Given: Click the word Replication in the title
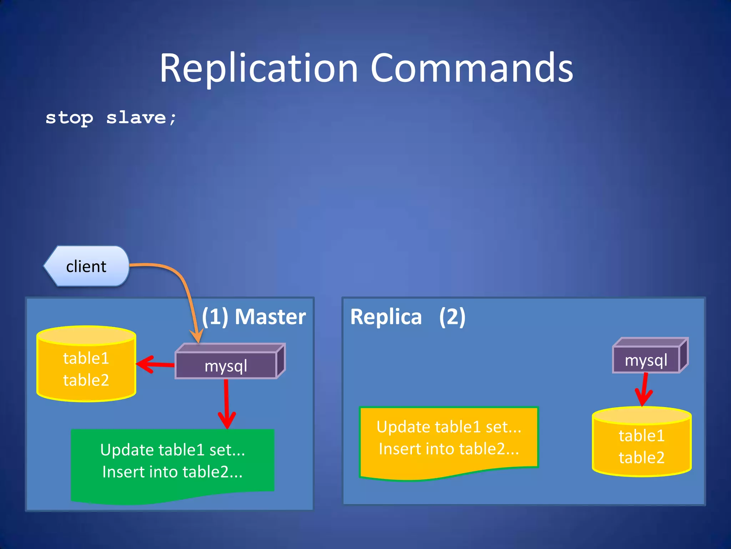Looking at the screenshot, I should point(258,68).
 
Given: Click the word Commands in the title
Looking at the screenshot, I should point(472,68).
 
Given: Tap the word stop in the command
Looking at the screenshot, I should point(69,118).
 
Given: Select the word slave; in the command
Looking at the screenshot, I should point(141,117).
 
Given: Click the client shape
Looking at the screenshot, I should point(86,266).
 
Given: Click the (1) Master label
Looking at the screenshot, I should point(254,317).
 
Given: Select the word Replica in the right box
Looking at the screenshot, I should point(386,317).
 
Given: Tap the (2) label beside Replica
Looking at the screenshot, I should point(452,317).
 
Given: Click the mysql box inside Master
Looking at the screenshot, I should point(226,366).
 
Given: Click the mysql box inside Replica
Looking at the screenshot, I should point(646,360).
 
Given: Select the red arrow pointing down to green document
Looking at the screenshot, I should point(227,404).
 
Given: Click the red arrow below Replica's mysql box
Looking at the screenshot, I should point(644,390).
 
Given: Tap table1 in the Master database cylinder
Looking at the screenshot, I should point(86,358).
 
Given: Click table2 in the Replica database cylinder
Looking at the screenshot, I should point(641,457).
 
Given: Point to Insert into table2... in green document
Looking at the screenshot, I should point(172,472).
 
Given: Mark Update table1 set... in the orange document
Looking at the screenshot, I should point(449,427).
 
